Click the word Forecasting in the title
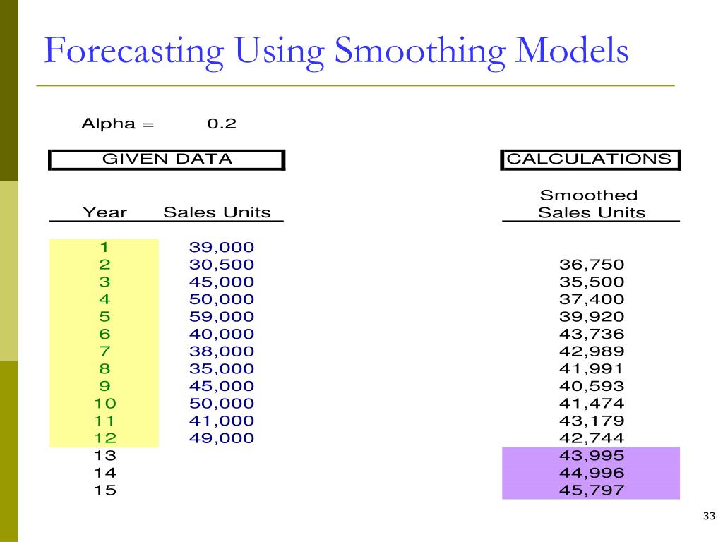pyautogui.click(x=134, y=52)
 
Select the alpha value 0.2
pyautogui.click(x=221, y=124)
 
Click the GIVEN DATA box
pyautogui.click(x=167, y=159)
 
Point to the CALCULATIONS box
pyautogui.click(x=590, y=159)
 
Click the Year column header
pyautogui.click(x=104, y=212)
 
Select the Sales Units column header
pyautogui.click(x=217, y=212)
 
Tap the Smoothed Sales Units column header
pyautogui.click(x=592, y=204)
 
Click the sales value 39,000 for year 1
pyautogui.click(x=221, y=247)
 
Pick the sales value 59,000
pyautogui.click(x=221, y=316)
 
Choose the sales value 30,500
pyautogui.click(x=221, y=265)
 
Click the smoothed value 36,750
pyautogui.click(x=592, y=265)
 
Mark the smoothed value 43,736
pyautogui.click(x=592, y=334)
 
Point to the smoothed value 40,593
pyautogui.click(x=592, y=386)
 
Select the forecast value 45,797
pyautogui.click(x=592, y=490)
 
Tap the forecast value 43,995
pyautogui.click(x=592, y=456)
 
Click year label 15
pyautogui.click(x=104, y=490)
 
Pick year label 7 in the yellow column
pyautogui.click(x=104, y=351)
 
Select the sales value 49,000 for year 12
pyautogui.click(x=221, y=438)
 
